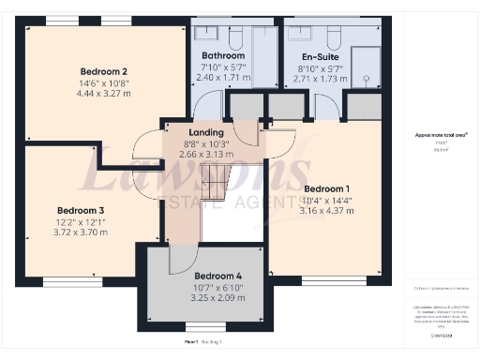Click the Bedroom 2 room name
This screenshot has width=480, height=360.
(x=103, y=71)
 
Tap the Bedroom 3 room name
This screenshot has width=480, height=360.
(x=81, y=210)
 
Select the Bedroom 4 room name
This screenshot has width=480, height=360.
(x=218, y=276)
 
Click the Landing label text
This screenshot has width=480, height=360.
(x=206, y=133)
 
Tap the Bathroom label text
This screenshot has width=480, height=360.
(x=222, y=55)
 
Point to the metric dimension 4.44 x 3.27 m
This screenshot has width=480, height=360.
(x=103, y=93)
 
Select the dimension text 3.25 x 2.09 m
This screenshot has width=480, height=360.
(x=218, y=297)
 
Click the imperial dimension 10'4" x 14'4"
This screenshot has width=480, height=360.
(x=325, y=200)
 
